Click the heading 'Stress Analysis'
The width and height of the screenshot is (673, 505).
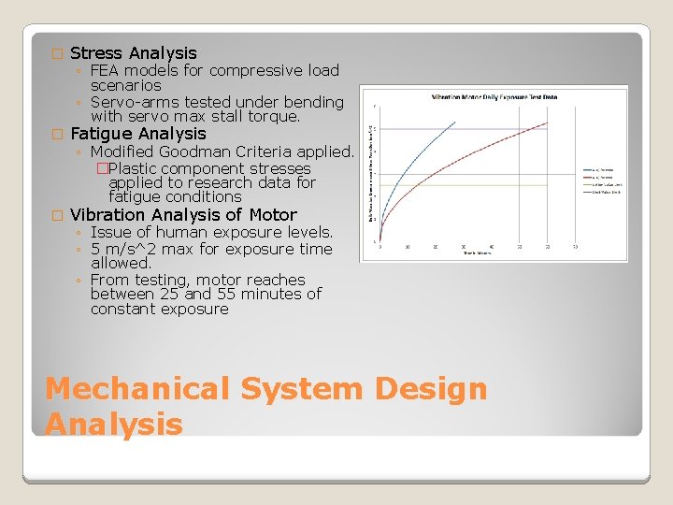[x=133, y=53]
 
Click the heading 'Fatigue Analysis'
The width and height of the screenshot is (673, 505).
[x=137, y=134]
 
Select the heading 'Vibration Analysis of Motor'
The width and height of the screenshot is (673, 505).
[x=183, y=214]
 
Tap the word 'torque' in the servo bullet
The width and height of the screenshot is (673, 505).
[x=272, y=117]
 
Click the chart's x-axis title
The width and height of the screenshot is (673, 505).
[x=477, y=252]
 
